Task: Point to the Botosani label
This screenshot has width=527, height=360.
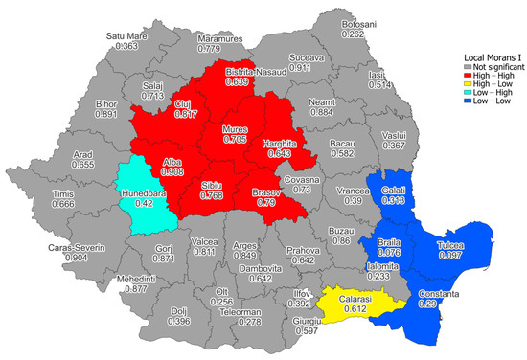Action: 355,24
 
